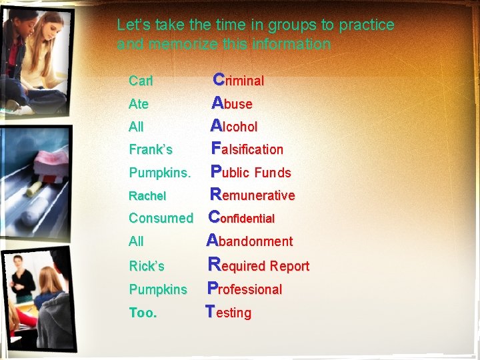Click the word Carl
coord(141,81)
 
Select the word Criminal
coord(239,81)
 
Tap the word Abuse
coord(232,103)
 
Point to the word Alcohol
coord(234,126)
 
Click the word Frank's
coord(150,149)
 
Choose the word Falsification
coord(247,149)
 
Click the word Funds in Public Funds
coord(273,173)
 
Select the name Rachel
coord(147,196)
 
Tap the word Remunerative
coord(252,195)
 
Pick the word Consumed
coord(161,218)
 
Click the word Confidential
coord(241,218)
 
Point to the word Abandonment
coord(250,241)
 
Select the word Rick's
coord(147,266)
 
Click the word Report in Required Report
coord(289,266)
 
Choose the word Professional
coord(245,289)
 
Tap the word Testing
coord(229,312)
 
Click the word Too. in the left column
coord(143,312)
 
